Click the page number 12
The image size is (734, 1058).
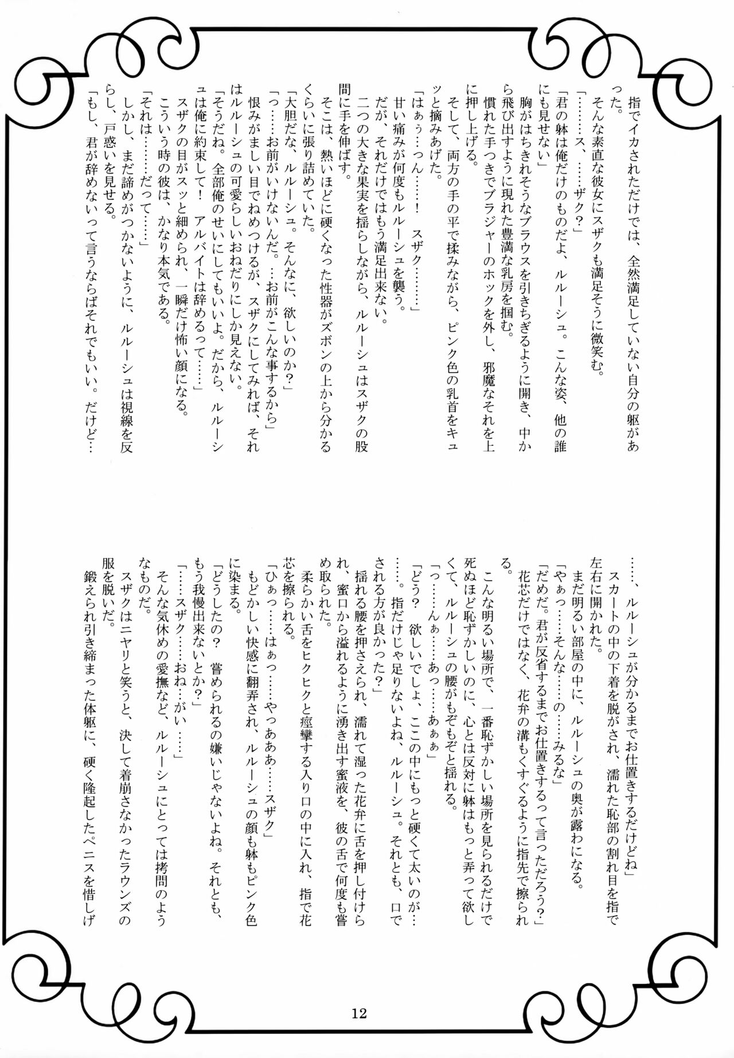(360, 1013)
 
